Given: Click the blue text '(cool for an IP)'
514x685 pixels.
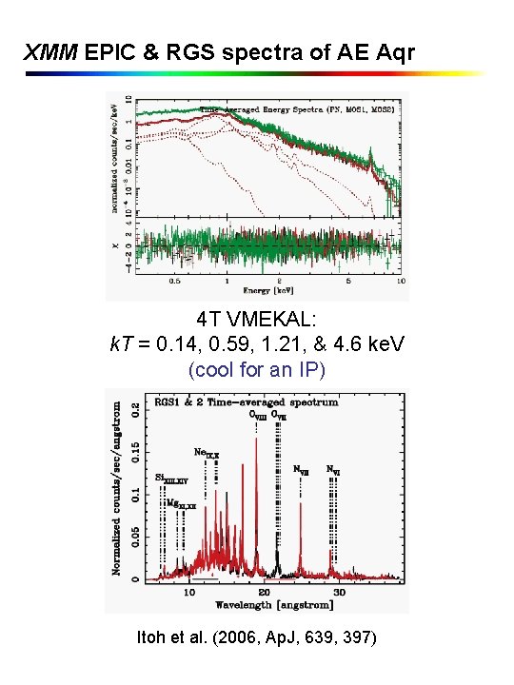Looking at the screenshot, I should (257, 368).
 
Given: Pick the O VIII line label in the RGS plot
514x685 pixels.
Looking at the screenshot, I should (258, 414).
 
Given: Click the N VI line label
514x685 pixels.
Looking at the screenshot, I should (333, 469).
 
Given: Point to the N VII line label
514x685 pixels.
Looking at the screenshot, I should (300, 469).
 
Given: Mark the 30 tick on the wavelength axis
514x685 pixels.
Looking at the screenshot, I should (338, 592).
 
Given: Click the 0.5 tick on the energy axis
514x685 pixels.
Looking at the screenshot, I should (174, 282).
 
